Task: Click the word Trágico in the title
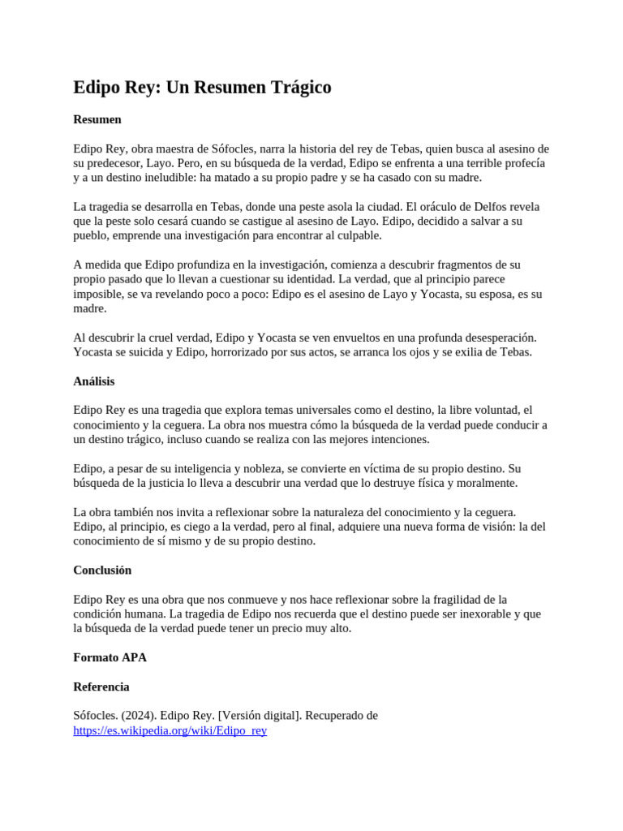(x=295, y=88)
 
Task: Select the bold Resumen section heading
(x=97, y=119)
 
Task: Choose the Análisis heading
(x=94, y=381)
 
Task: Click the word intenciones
(x=393, y=439)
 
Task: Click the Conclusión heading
(x=102, y=570)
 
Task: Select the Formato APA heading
(x=110, y=657)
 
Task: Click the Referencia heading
(x=101, y=687)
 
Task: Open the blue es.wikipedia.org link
(x=170, y=730)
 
